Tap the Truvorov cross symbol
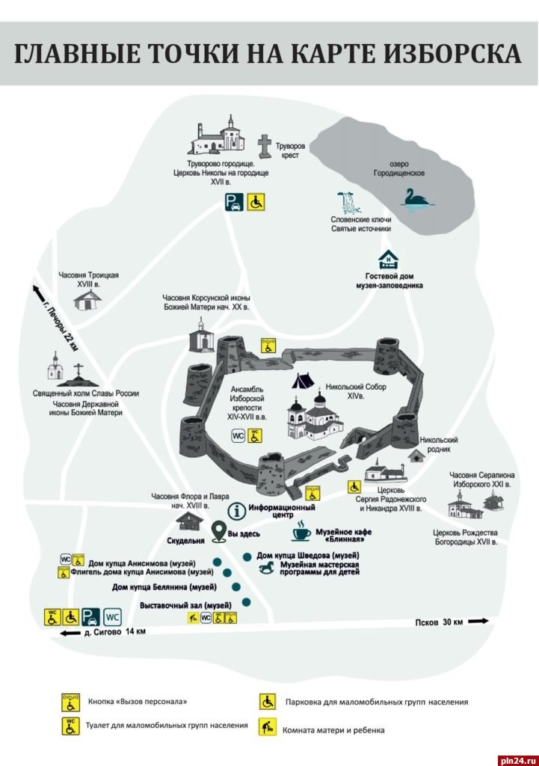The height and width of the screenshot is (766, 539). point(264,144)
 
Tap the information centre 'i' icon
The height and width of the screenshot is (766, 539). point(238,512)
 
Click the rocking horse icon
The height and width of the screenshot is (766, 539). point(268,569)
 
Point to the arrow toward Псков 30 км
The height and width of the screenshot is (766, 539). point(478,621)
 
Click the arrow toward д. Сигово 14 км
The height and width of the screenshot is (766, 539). point(69,634)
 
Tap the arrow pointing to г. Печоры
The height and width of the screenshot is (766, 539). point(37,292)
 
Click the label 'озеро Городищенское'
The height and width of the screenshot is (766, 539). point(399,168)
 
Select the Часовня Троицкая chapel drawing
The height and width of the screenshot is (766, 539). point(88,300)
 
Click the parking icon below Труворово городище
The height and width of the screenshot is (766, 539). point(234,202)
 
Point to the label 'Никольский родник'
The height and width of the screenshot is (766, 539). point(439,445)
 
